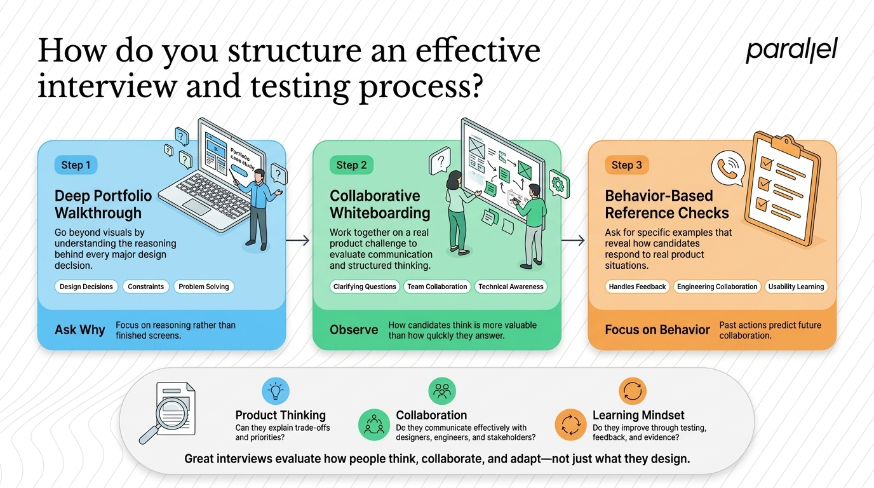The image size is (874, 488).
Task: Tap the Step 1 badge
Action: click(x=76, y=165)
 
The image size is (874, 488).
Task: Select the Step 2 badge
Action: click(x=351, y=165)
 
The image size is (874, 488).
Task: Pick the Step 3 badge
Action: click(x=627, y=165)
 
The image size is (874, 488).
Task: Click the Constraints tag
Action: click(x=146, y=287)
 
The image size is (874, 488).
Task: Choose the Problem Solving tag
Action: click(x=204, y=287)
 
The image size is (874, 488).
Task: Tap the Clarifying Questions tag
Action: click(x=365, y=287)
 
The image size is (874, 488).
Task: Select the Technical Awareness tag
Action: click(x=511, y=287)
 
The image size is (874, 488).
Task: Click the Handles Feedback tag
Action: click(x=637, y=287)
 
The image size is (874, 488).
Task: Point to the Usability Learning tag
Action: click(x=796, y=287)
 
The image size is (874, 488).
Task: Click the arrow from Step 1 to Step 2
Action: click(x=298, y=240)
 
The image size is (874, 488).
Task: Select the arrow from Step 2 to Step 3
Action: click(x=573, y=240)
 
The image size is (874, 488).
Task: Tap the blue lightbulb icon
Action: click(x=276, y=391)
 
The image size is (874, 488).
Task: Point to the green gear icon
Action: click(x=559, y=184)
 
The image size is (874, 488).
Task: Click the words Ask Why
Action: click(x=80, y=330)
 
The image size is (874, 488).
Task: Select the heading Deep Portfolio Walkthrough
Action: click(x=104, y=204)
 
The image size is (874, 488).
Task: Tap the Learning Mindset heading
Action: click(x=638, y=415)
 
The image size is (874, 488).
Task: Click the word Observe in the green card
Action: click(x=354, y=330)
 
